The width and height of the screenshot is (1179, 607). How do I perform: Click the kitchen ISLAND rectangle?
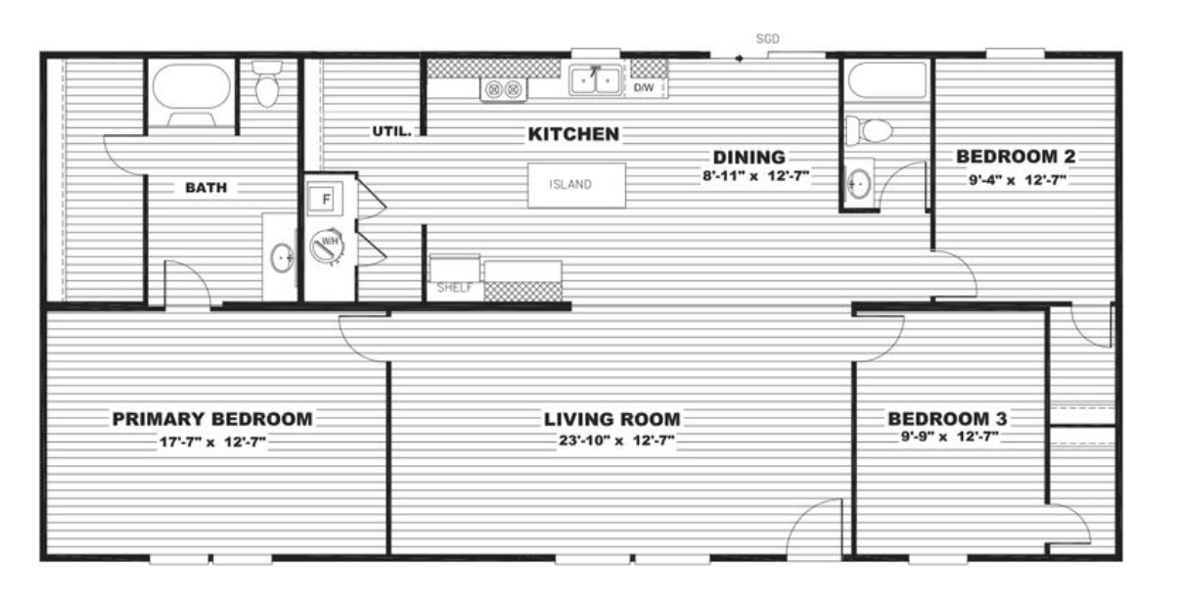577,185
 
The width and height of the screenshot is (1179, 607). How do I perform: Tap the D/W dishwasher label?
644,87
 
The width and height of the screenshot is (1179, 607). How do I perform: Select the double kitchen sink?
595,81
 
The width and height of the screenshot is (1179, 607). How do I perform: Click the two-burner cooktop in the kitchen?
503,89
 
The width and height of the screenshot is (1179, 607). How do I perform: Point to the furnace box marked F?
325,199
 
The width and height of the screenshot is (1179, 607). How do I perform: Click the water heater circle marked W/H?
327,246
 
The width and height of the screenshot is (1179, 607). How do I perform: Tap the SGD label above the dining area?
767,39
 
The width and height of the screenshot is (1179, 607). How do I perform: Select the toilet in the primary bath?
267,83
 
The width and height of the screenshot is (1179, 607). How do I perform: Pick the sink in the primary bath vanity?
282,257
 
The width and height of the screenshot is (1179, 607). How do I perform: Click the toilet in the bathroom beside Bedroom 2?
869,130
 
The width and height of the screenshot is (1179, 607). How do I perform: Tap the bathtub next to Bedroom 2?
887,80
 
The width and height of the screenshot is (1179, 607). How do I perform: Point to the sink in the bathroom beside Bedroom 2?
858,184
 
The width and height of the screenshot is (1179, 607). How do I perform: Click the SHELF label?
454,288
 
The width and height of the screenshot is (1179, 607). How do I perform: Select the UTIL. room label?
391,131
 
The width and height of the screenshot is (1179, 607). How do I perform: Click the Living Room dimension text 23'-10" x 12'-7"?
616,441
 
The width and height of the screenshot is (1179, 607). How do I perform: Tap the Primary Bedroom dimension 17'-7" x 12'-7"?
212,442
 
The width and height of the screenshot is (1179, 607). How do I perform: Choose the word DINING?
748,158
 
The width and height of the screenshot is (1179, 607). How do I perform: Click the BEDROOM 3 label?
947,418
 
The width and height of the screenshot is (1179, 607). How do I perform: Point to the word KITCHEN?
573,134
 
